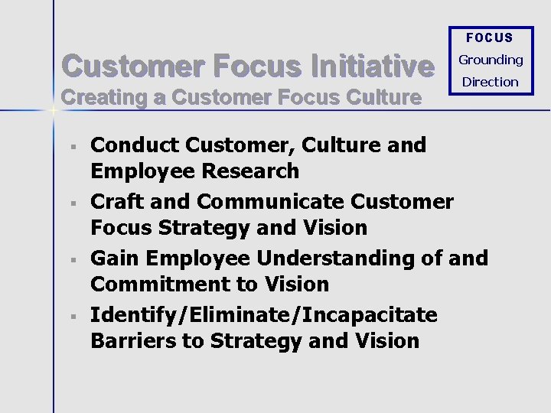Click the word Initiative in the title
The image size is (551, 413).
tap(373, 67)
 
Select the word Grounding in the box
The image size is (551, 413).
tap(491, 60)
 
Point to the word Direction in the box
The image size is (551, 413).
tap(491, 82)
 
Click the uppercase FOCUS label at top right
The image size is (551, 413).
tap(490, 37)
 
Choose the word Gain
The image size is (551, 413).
tap(114, 259)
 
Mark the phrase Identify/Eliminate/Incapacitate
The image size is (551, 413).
tap(264, 315)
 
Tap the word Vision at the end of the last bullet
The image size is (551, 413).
tap(389, 341)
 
